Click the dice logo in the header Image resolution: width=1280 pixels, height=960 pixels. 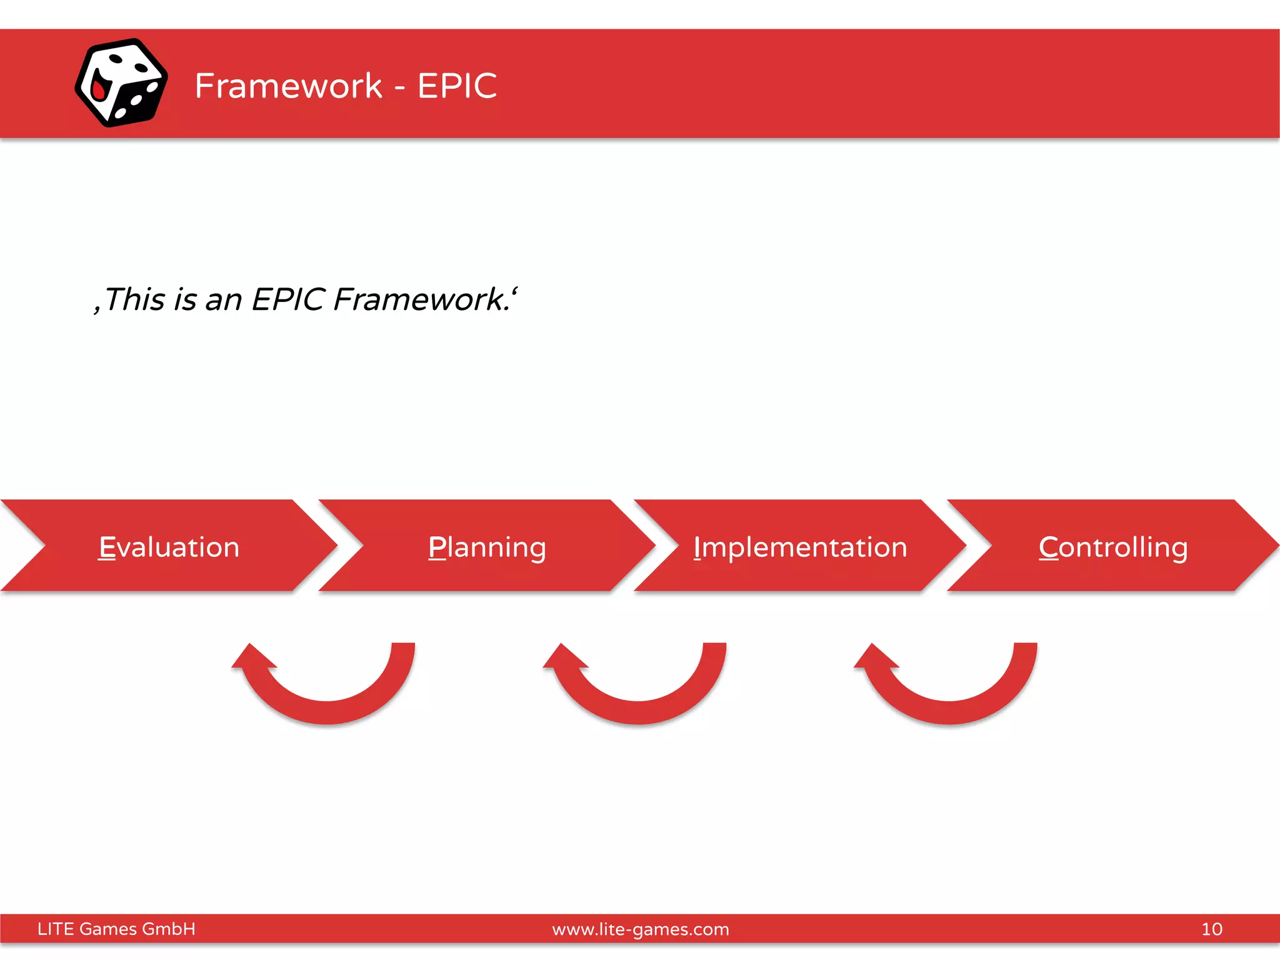pos(121,82)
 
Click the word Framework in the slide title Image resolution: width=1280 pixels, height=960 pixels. pos(288,86)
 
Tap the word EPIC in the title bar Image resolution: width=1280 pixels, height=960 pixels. pos(457,86)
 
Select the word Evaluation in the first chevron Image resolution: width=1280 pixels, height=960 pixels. pos(169,547)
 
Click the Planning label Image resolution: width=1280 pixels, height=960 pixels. pos(487,547)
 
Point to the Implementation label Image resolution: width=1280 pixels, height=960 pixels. pos(800,547)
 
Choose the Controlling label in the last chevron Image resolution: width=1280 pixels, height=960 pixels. pos(1113,547)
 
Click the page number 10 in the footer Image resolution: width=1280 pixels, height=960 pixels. pos(1211,929)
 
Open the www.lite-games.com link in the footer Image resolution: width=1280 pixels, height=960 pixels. pos(640,929)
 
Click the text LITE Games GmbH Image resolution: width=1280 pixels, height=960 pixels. pos(116,929)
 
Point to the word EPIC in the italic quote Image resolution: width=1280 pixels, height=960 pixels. pos(288,299)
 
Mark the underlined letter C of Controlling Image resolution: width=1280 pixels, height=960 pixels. pos(1048,547)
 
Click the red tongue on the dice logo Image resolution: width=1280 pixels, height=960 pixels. pos(99,90)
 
